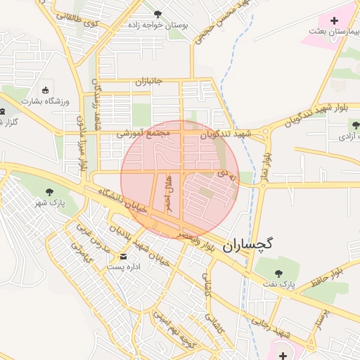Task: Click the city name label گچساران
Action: [247, 244]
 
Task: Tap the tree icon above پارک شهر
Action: [49, 191]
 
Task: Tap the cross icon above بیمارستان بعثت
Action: [334, 20]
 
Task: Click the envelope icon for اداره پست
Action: [124, 256]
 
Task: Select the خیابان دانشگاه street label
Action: [123, 200]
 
